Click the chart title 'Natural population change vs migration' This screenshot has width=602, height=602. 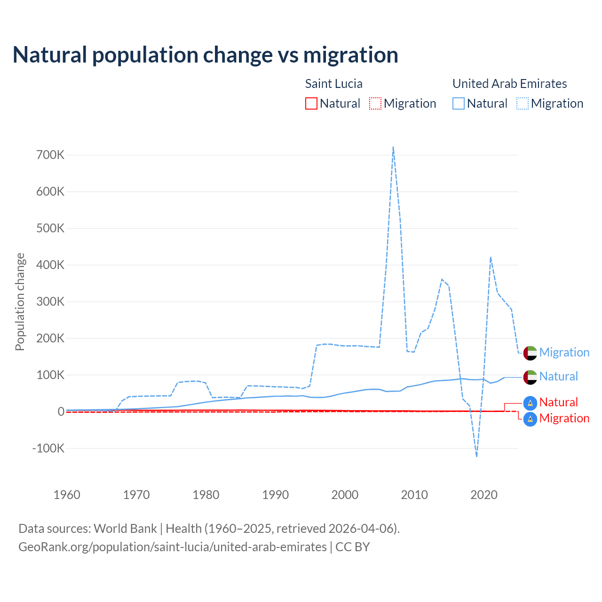pos(205,55)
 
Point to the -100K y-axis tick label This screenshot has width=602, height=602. pos(48,448)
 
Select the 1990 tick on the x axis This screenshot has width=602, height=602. pos(276,495)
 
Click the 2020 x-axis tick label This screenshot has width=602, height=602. pos(484,495)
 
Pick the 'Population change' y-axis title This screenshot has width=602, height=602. pos(20,301)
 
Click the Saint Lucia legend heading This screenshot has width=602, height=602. pos(333,84)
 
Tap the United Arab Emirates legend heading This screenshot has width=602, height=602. pos(509,84)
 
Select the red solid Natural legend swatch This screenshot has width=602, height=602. pos(311,103)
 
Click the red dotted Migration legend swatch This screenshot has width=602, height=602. pos(375,103)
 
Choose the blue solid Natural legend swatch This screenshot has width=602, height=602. pos(459,103)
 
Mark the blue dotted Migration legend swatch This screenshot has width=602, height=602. pos(523,103)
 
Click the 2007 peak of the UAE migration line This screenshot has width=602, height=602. pos(393,147)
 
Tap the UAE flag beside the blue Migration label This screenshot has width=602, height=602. pos(530,353)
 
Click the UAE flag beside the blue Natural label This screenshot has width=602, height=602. pos(530,377)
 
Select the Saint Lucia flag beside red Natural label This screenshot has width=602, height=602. pos(530,403)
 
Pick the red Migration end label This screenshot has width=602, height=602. pos(564,419)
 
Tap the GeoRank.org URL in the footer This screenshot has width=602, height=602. pos(172,547)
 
